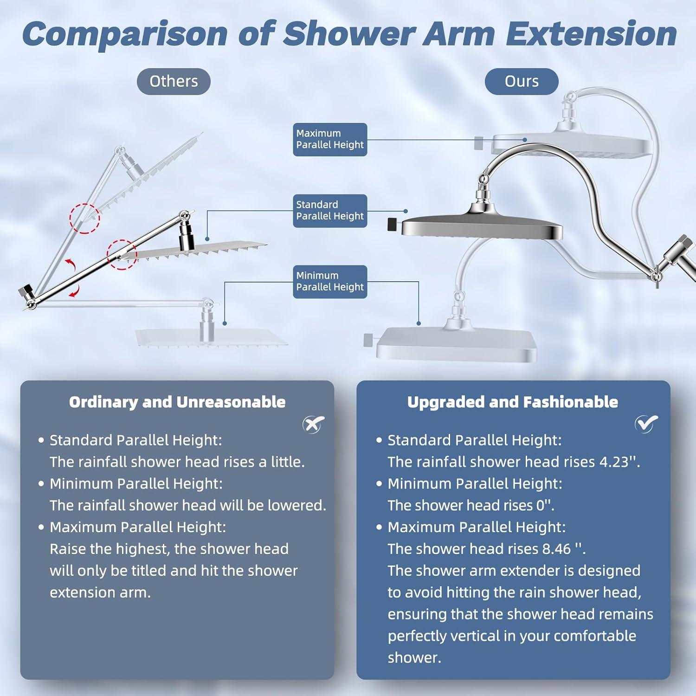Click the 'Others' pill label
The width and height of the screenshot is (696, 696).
174,81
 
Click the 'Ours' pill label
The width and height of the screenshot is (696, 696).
522,81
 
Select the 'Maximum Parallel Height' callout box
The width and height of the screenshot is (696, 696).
330,139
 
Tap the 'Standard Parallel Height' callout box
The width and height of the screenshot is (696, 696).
330,211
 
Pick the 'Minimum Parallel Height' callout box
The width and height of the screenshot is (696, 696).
330,282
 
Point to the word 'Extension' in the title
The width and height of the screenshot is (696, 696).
591,34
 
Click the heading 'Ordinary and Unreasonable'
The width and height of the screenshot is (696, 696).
177,402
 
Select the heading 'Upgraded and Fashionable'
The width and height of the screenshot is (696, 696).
513,402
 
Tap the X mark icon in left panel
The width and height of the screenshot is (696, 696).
314,424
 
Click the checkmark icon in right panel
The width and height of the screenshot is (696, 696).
646,423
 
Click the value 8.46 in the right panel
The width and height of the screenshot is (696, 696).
556,549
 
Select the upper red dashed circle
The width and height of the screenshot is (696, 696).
85,218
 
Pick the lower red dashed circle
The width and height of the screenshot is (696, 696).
122,255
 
